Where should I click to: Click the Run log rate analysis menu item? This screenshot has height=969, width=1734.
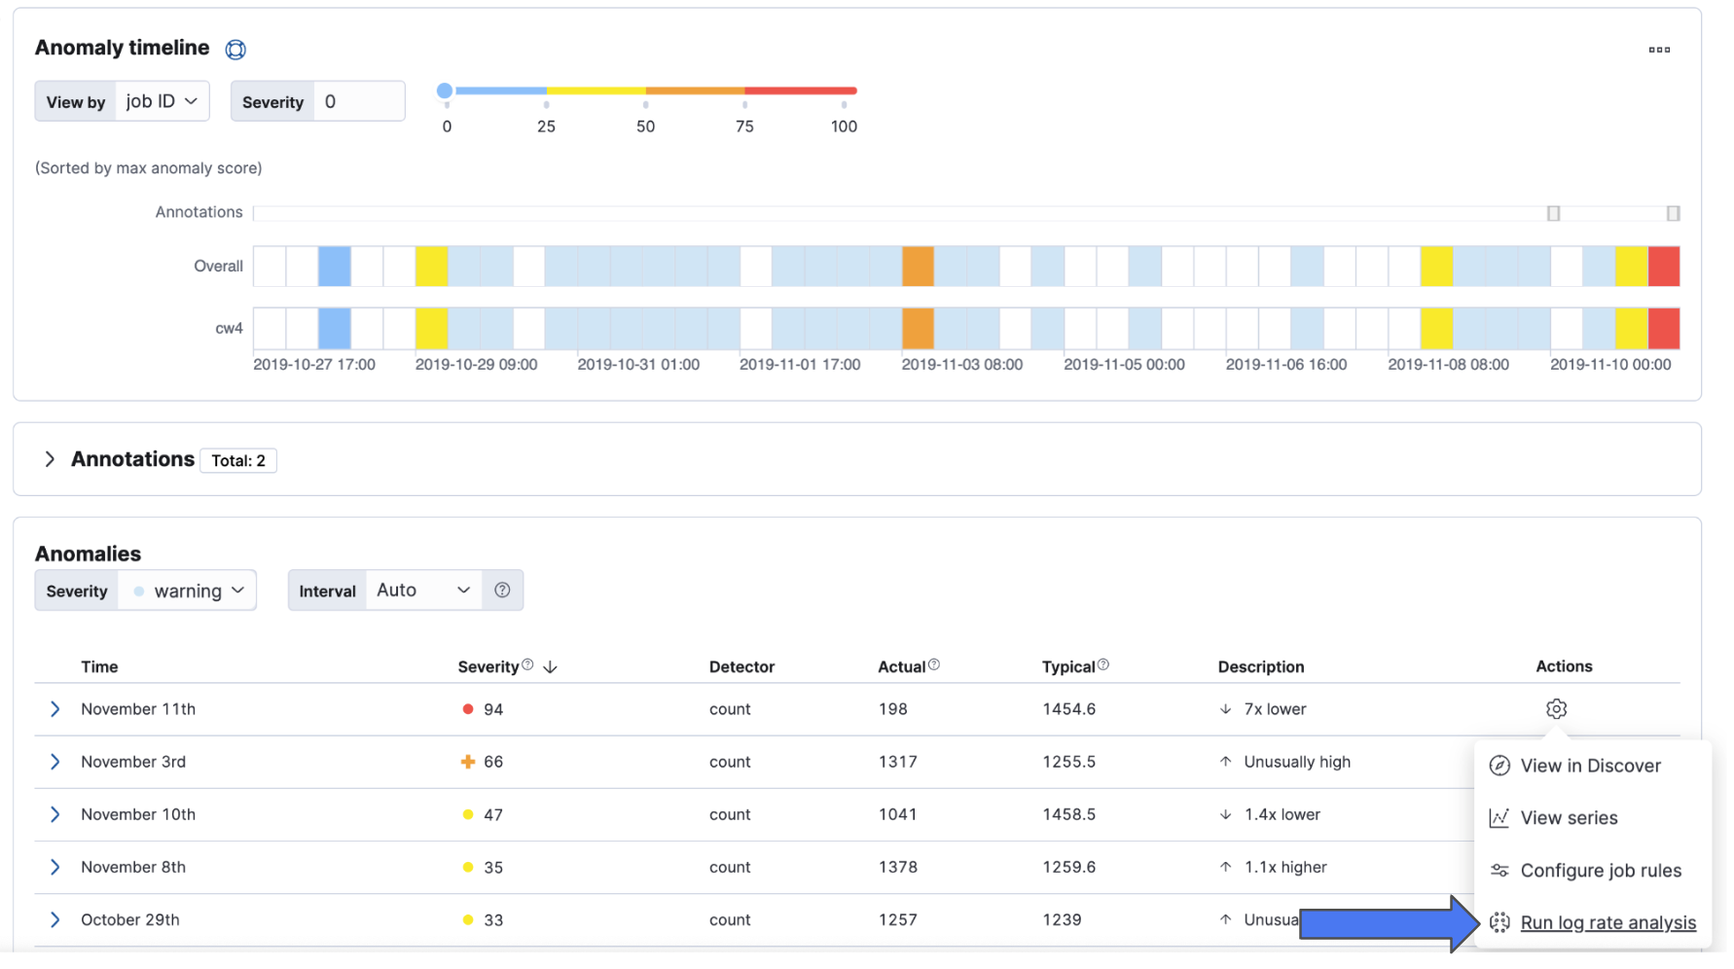point(1607,922)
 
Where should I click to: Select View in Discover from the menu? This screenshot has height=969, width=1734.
point(1589,766)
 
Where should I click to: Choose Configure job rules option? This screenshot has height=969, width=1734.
point(1600,871)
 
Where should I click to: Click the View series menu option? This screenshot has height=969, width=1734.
point(1568,818)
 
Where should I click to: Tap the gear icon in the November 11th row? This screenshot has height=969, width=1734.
point(1556,709)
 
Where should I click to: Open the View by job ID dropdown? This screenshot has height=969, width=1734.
point(162,101)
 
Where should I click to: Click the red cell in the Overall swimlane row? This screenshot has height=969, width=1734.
point(1663,267)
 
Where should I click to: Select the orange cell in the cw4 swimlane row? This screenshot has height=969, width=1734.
point(917,329)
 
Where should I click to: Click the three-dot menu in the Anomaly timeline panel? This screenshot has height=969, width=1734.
point(1659,50)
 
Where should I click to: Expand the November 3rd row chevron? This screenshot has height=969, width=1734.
point(55,762)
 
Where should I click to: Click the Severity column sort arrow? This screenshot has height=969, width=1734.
point(550,667)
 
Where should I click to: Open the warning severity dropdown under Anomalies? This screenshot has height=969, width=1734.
point(188,591)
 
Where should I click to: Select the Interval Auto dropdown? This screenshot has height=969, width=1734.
point(422,591)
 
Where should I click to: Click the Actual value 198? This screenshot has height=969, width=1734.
point(892,709)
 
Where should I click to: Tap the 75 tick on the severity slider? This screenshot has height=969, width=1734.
point(744,104)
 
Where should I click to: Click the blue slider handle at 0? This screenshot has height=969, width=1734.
point(445,91)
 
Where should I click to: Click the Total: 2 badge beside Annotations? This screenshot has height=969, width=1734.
point(238,460)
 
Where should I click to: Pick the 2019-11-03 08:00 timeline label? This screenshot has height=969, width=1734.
point(961,365)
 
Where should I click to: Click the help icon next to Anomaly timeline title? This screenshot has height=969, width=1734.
point(235,50)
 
